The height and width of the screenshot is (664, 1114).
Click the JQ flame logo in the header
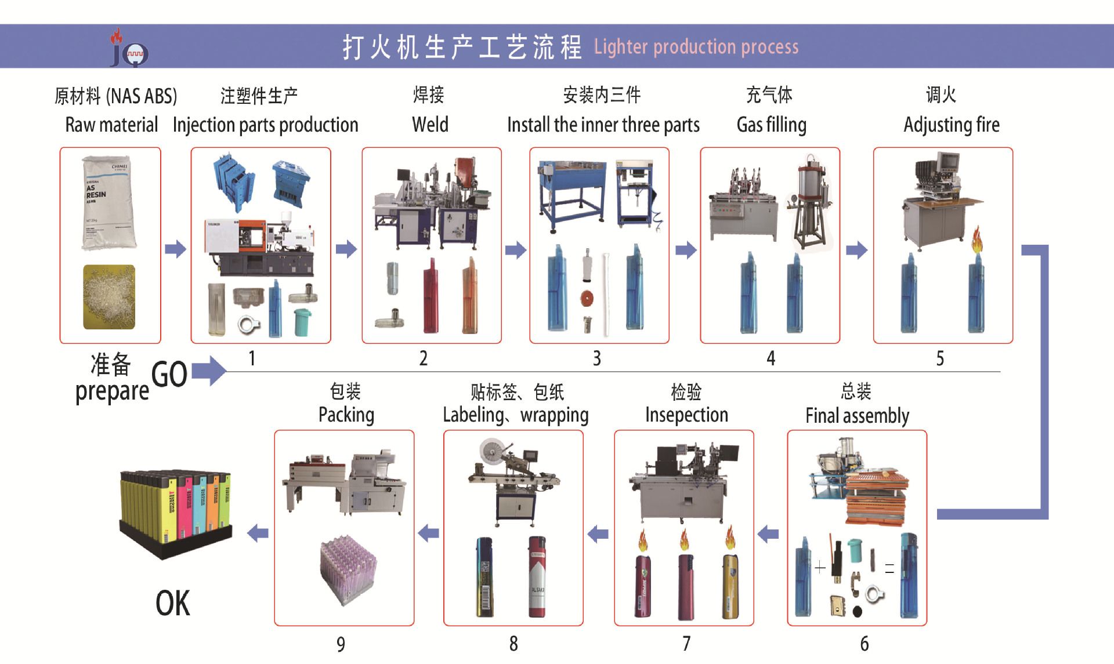click(x=129, y=48)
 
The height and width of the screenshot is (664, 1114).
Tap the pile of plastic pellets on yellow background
click(x=109, y=297)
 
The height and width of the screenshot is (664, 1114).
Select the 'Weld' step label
click(x=430, y=125)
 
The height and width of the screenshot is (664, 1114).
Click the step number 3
click(x=596, y=358)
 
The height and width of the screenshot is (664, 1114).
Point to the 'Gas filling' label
click(x=771, y=125)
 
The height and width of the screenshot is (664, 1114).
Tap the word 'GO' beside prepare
click(x=169, y=375)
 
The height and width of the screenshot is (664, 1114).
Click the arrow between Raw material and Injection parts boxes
click(x=176, y=249)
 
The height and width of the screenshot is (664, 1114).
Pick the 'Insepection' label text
click(x=686, y=415)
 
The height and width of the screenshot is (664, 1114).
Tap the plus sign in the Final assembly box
click(x=820, y=567)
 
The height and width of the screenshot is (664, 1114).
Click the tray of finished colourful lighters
click(x=175, y=510)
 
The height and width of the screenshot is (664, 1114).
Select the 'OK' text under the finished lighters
click(x=172, y=603)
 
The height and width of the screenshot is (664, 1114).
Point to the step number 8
click(x=513, y=644)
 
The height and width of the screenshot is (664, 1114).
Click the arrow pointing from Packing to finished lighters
click(x=258, y=533)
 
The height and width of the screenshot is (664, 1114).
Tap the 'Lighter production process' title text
click(x=696, y=46)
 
